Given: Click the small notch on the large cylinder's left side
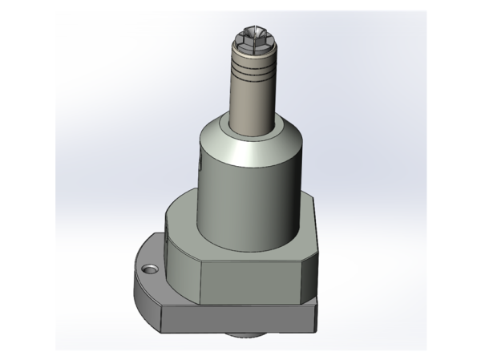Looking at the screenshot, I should tap(196, 167).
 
